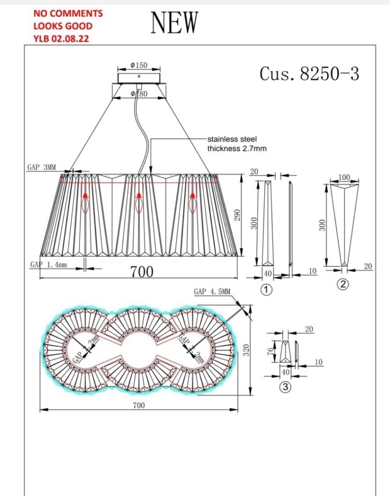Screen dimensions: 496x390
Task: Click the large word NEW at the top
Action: click(x=175, y=22)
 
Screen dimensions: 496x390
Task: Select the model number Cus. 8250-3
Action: click(x=309, y=74)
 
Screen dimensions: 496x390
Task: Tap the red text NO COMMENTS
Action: click(x=68, y=14)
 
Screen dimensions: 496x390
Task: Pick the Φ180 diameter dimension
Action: click(x=139, y=94)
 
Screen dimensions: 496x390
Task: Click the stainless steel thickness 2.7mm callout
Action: click(x=237, y=144)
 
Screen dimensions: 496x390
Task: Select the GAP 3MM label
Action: click(x=41, y=168)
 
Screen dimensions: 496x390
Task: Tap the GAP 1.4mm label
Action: click(x=48, y=265)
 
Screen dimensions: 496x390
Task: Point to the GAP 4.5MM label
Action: click(x=212, y=292)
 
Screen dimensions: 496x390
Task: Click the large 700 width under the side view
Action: click(x=142, y=272)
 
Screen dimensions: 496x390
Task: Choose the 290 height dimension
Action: click(x=237, y=216)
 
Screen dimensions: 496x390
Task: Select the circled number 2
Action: click(x=343, y=285)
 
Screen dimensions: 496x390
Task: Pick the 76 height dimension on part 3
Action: click(x=271, y=352)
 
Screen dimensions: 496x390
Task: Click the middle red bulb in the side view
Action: click(x=139, y=196)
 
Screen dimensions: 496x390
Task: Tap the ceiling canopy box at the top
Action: click(x=138, y=78)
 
